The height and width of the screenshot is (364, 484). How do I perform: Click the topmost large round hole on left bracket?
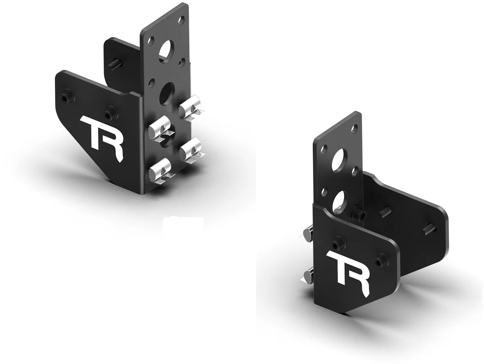coord(166,50)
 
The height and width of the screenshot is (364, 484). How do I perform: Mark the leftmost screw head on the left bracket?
coord(66,98)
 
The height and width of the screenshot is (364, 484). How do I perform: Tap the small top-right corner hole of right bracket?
coord(354,129)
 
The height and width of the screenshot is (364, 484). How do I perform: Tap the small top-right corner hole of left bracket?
coord(181,19)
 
